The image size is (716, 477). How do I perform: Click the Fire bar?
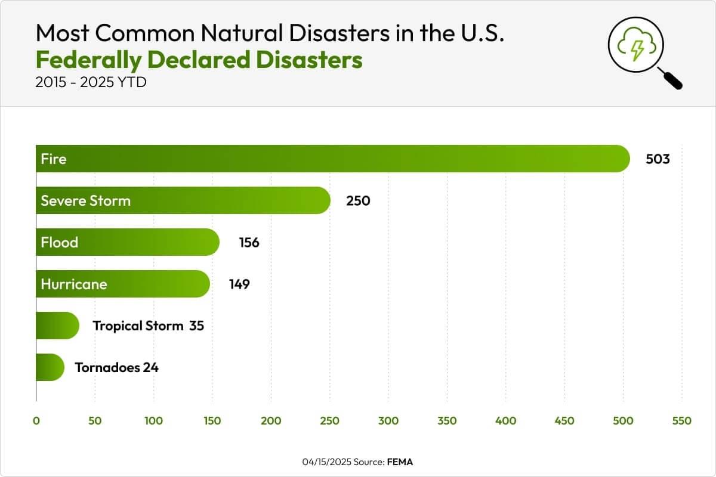tap(332, 159)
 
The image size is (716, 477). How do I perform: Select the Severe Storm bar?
tap(183, 200)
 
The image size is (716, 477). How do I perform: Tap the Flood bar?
tap(127, 242)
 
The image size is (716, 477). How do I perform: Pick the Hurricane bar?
tap(122, 284)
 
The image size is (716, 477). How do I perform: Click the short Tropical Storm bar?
tap(57, 326)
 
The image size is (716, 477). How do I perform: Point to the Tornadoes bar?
tap(50, 367)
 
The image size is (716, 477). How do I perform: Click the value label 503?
tap(658, 159)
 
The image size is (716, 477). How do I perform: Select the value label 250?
tap(358, 201)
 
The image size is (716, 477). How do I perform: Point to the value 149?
tap(239, 284)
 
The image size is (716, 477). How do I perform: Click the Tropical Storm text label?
tap(138, 326)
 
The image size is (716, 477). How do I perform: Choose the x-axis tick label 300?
tap(388, 421)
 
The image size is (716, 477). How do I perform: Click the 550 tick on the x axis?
tap(681, 421)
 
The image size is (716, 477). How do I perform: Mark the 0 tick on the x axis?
tap(36, 421)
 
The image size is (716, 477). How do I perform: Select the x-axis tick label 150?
tap(212, 421)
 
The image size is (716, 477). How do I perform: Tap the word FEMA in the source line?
tap(399, 462)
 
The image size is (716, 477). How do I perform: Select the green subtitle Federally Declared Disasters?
tap(199, 60)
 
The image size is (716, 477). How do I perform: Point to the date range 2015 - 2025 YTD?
tap(91, 82)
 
